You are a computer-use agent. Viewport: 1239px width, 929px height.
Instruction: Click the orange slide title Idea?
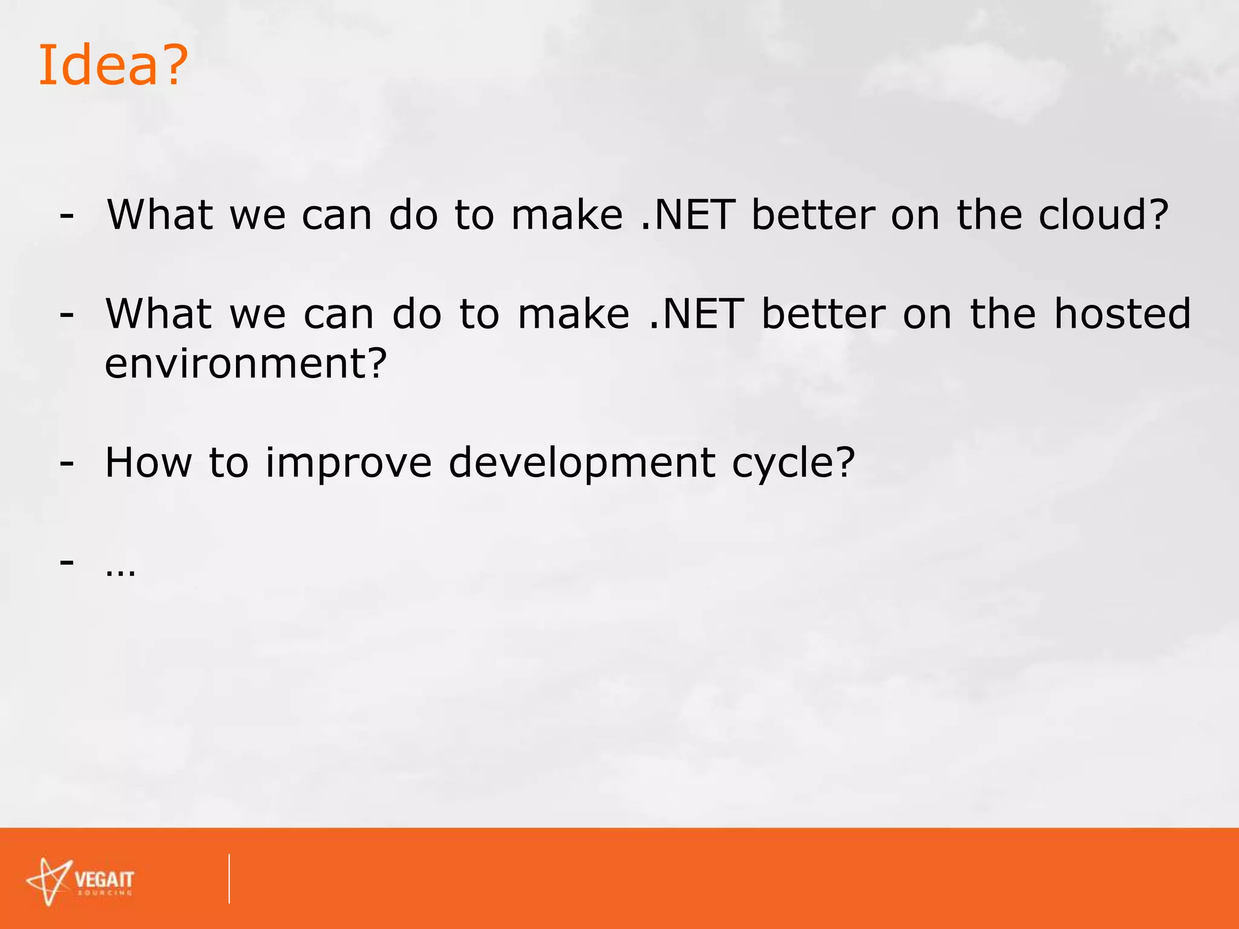(x=113, y=65)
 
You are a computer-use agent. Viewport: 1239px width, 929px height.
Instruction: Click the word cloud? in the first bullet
(x=1103, y=215)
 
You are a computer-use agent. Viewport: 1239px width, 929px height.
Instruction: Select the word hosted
(x=1122, y=314)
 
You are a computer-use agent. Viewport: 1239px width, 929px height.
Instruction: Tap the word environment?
(x=246, y=363)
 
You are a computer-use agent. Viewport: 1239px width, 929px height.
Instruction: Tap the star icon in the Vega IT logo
(x=50, y=881)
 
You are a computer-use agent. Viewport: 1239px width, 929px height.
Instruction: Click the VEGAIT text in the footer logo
(x=104, y=879)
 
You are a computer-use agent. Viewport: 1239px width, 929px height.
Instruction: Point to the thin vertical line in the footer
(x=229, y=879)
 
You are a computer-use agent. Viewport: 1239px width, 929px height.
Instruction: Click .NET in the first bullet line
(x=687, y=215)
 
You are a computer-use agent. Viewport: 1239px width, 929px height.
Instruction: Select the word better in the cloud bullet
(x=813, y=215)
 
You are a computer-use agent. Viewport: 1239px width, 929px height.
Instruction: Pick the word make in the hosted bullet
(x=574, y=314)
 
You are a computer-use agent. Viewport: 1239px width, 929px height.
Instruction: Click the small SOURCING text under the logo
(x=105, y=893)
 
